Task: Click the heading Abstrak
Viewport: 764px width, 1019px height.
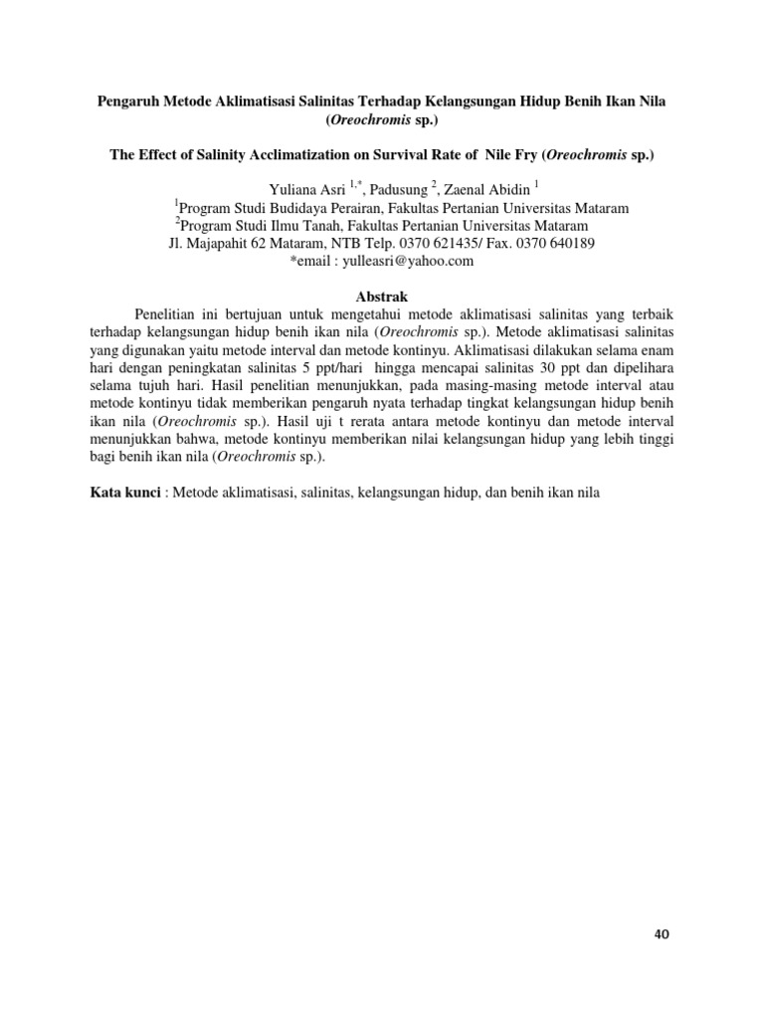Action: [381, 297]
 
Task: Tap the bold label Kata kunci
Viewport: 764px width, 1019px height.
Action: [124, 494]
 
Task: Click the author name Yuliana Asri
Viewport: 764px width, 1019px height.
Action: [302, 190]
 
